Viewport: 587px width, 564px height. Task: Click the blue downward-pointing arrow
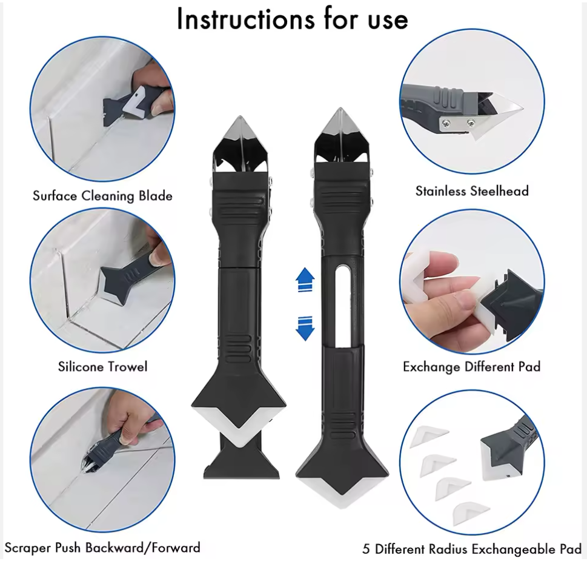click(305, 329)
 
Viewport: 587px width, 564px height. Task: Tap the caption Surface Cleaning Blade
click(102, 196)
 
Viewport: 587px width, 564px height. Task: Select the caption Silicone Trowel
click(102, 366)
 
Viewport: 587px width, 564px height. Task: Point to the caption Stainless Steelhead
click(472, 191)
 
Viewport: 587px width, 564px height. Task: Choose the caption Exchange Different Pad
click(472, 366)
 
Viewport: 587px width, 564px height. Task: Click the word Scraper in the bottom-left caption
click(28, 548)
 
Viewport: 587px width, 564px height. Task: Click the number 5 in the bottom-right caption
click(366, 549)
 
